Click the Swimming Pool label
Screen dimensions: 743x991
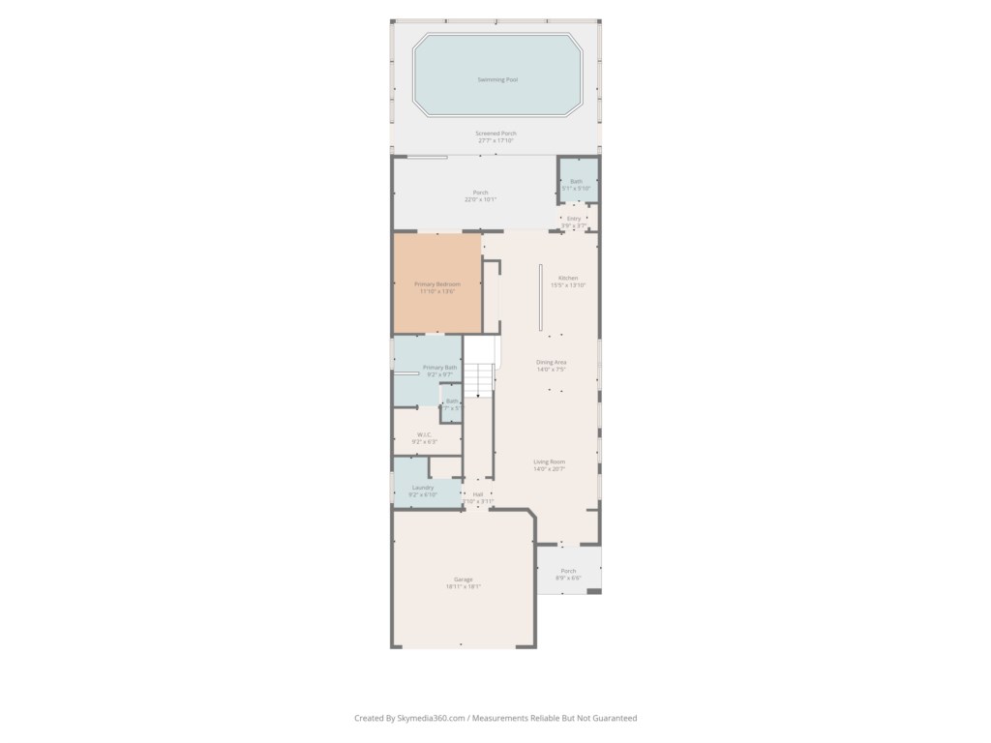pos(497,79)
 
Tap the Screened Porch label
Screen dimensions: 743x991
pos(495,133)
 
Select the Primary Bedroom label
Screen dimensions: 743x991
pos(437,283)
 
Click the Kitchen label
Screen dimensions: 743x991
pos(568,278)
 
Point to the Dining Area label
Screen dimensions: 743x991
pos(552,362)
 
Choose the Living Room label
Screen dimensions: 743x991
pos(550,461)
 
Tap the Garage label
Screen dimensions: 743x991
pos(464,579)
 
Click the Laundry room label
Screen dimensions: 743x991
pos(423,487)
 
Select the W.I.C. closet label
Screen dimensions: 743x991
pos(425,434)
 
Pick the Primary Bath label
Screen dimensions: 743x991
pos(439,367)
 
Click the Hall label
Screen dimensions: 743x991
pos(478,493)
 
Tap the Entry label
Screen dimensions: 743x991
pos(574,218)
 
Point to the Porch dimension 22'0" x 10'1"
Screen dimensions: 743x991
pos(480,199)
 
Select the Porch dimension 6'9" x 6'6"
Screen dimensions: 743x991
pos(568,578)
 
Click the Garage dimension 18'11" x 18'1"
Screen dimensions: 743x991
pos(464,586)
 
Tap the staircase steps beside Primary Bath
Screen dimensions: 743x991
pos(478,380)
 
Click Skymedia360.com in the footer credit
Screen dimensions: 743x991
pos(433,718)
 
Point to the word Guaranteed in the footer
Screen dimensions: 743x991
pos(612,718)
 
